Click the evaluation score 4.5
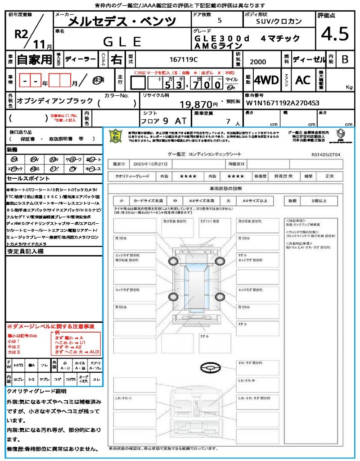[335, 34]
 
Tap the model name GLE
[122, 42]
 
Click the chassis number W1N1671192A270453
[283, 103]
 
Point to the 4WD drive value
[266, 80]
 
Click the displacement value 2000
[257, 62]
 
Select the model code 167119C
[184, 59]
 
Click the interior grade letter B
[345, 59]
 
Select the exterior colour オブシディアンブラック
[55, 101]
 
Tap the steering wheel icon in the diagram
[209, 367]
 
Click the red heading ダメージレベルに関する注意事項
[50, 326]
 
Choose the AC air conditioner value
[303, 80]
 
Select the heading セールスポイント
[23, 178]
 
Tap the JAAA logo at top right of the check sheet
[341, 135]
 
